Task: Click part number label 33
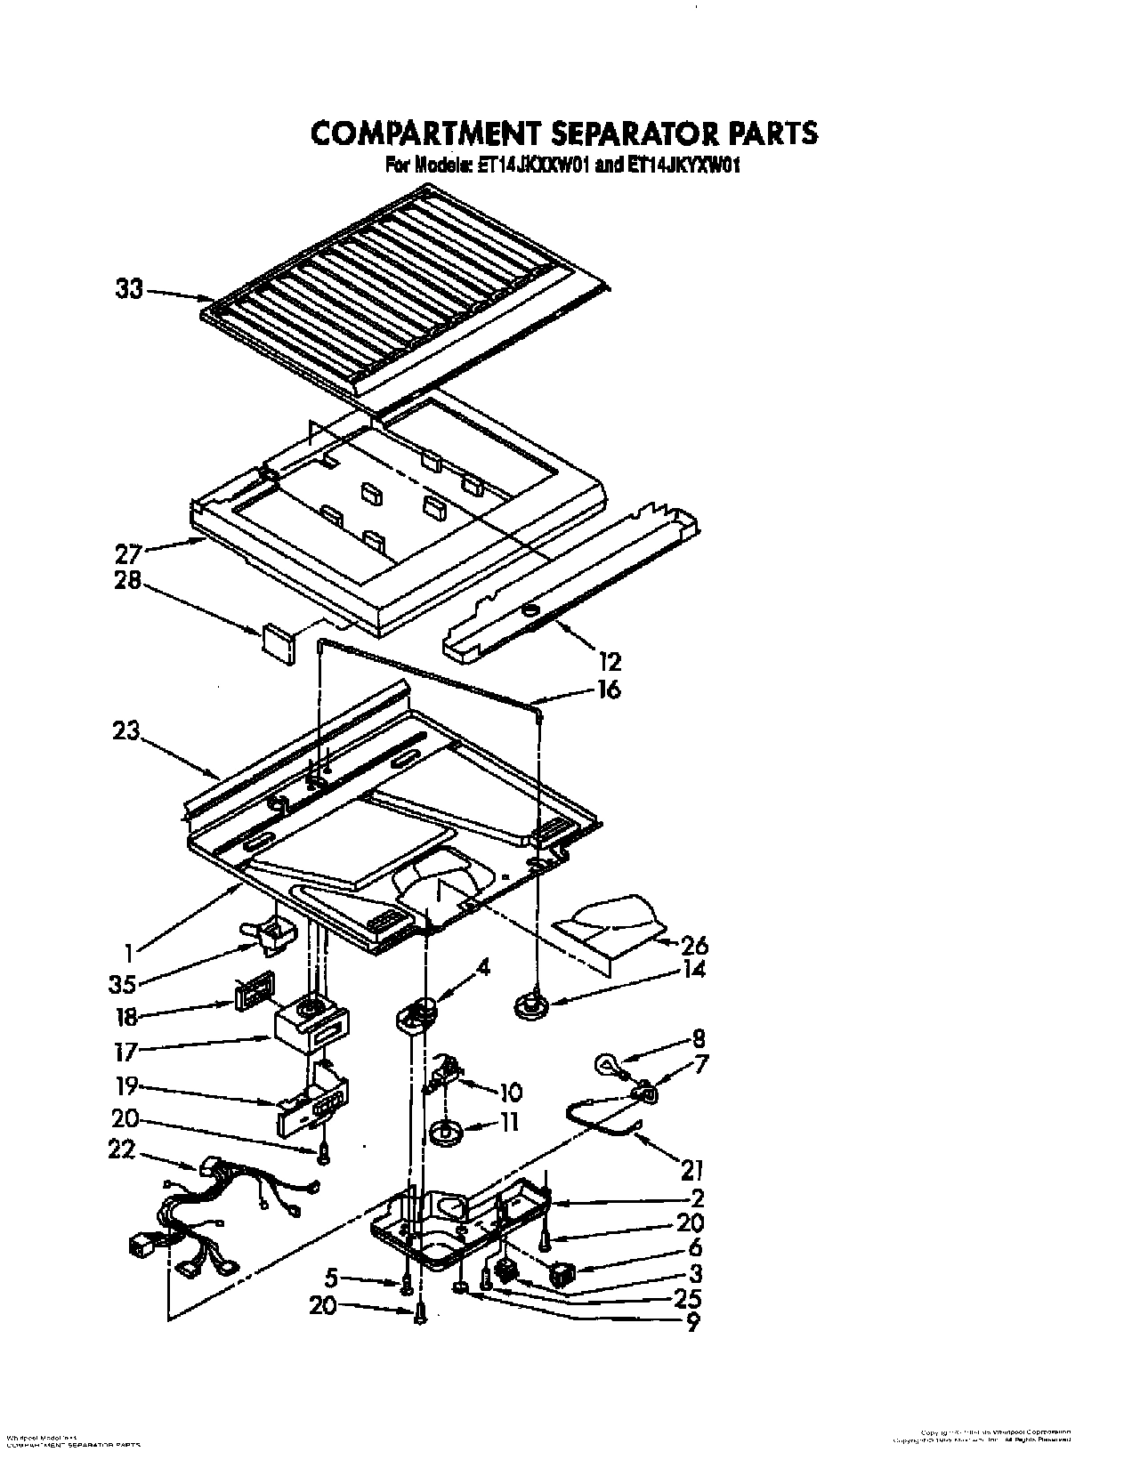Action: pos(130,289)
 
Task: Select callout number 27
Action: pos(128,553)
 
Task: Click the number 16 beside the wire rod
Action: pos(609,690)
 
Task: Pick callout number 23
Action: pos(127,731)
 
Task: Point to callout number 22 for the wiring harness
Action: pos(120,1150)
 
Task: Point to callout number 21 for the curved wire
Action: pos(691,1166)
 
